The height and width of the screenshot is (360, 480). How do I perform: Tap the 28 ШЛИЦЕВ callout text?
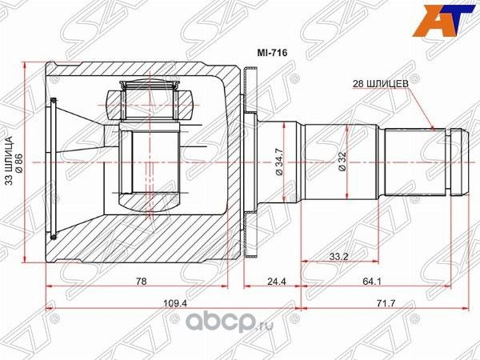tap(382, 82)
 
